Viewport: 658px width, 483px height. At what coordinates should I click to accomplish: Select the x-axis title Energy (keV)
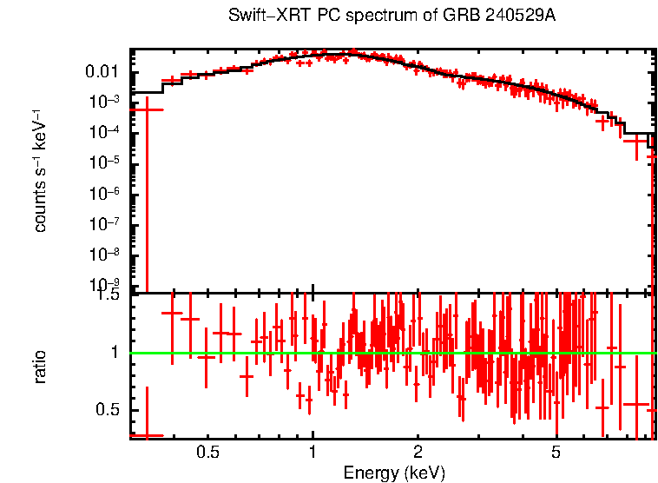coord(394,473)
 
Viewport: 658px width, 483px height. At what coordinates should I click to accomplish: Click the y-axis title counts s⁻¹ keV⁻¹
coord(40,170)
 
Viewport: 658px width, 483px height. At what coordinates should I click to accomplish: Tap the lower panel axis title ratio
coord(40,367)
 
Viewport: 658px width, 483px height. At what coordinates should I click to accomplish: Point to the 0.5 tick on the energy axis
coord(207,453)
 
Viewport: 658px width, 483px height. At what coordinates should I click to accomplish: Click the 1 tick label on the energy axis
coord(313,453)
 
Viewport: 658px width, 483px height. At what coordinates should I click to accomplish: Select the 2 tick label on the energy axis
coord(418,453)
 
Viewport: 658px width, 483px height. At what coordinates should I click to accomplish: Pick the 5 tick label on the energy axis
coord(556,453)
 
